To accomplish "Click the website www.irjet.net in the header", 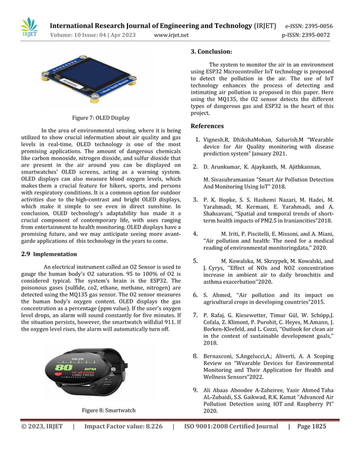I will (x=171, y=36).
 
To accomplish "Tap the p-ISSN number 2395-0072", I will (x=319, y=36).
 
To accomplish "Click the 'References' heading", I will (x=207, y=126).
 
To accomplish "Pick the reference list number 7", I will (x=195, y=315).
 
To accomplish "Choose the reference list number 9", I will (x=195, y=389).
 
